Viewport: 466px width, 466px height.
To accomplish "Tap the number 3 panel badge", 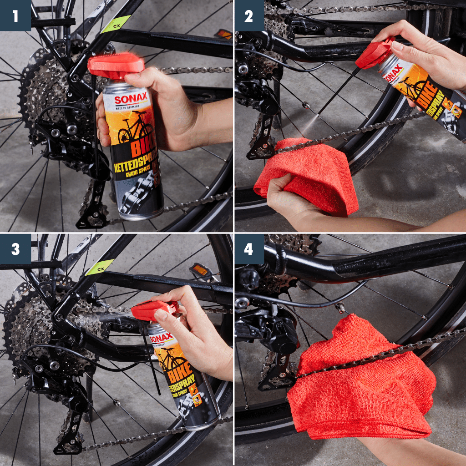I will (15, 249).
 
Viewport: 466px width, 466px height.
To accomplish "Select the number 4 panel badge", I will (249, 249).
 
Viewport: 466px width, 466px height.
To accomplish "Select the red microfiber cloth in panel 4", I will (360, 382).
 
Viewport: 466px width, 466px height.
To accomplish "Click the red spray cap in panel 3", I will (152, 310).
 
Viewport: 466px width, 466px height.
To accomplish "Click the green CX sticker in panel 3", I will (100, 268).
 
